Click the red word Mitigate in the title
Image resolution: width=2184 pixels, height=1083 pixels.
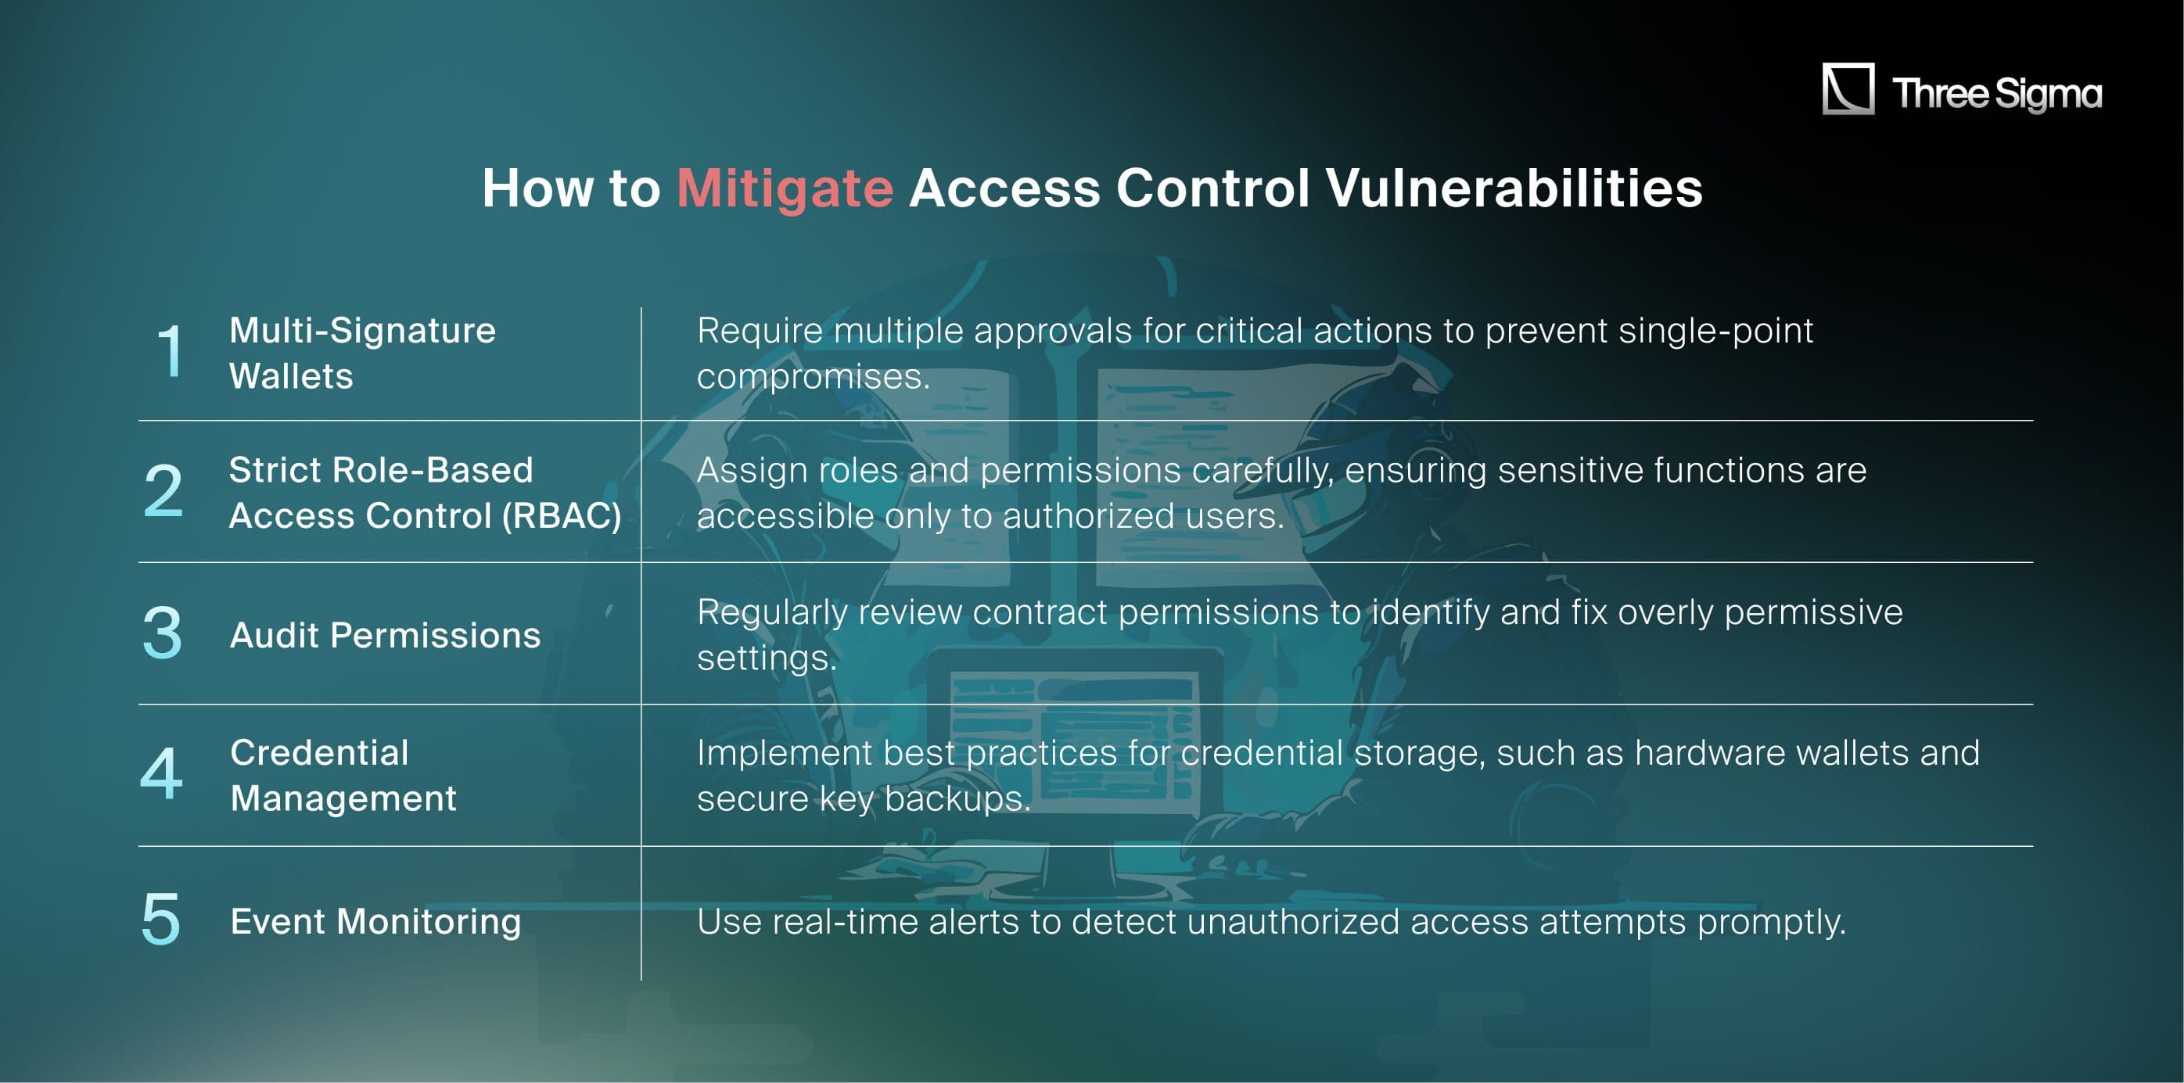tap(785, 188)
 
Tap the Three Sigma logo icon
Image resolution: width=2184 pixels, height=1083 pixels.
tap(1848, 88)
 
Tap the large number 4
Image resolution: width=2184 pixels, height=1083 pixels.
tap(161, 773)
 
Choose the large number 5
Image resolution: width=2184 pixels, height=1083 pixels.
tap(161, 919)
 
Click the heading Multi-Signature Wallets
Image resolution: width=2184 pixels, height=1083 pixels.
tap(362, 353)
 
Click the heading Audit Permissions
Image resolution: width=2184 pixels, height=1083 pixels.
tap(385, 636)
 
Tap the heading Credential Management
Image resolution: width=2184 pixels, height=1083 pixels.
tap(343, 776)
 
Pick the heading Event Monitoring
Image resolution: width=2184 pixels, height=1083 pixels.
tap(375, 922)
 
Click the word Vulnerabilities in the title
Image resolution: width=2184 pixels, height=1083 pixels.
tap(1514, 188)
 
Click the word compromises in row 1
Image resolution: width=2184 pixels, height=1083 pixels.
tap(812, 376)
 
